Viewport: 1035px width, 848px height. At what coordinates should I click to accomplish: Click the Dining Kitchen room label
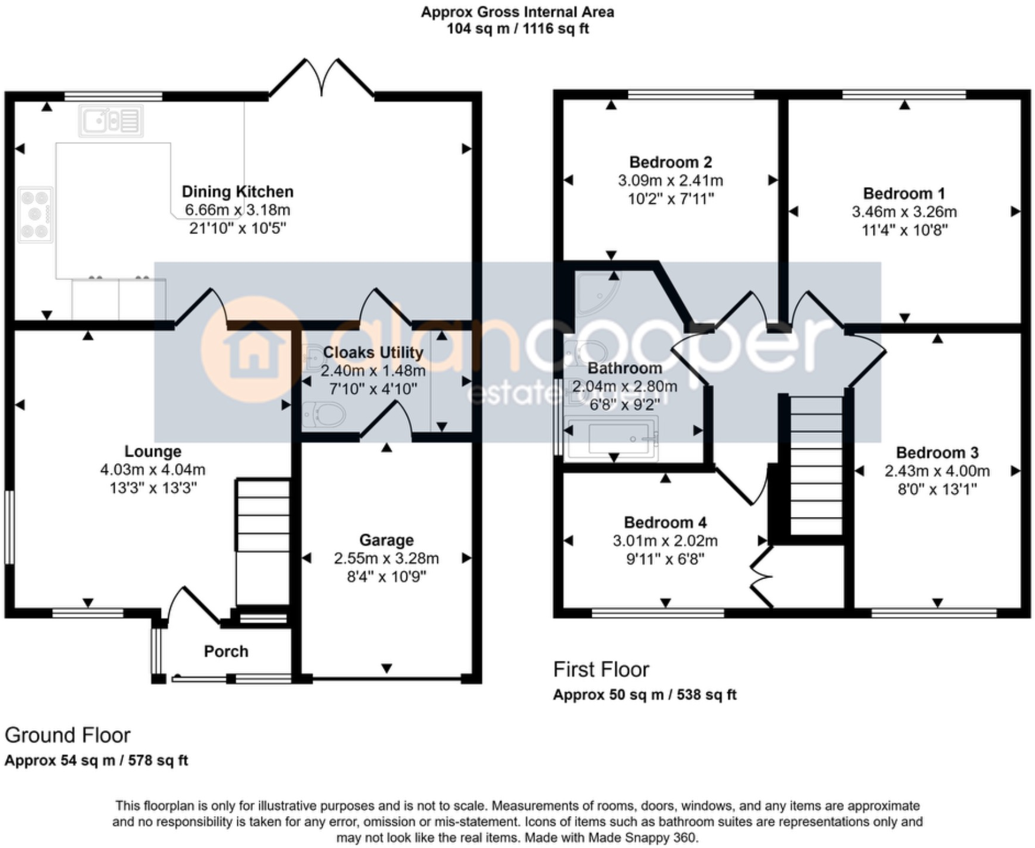coord(237,192)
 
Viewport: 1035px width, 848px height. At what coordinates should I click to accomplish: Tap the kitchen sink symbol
coord(111,121)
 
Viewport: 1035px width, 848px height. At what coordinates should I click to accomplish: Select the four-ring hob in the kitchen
coord(36,214)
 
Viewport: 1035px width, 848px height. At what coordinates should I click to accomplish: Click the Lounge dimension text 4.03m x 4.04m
coord(153,470)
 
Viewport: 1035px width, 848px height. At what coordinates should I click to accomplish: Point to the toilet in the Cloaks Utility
coord(323,415)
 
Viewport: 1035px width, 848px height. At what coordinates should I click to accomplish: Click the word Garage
coord(386,540)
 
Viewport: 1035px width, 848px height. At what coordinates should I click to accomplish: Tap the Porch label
coord(226,651)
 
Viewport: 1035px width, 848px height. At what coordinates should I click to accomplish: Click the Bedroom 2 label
coord(670,162)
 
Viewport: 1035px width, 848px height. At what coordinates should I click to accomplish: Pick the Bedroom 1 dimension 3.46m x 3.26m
coord(904,212)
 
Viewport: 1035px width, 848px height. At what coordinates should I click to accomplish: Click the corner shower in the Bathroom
coord(595,294)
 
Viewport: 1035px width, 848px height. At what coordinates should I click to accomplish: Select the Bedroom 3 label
coord(937,453)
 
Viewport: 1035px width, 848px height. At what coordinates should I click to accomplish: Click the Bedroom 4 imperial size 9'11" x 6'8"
coord(665,559)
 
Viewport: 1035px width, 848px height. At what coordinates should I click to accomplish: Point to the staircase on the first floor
coord(816,465)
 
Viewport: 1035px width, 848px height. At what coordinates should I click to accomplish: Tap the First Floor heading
coord(601,670)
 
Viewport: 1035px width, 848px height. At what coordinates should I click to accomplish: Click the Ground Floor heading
coord(67,735)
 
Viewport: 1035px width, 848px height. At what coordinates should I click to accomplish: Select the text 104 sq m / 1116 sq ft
coord(517,28)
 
